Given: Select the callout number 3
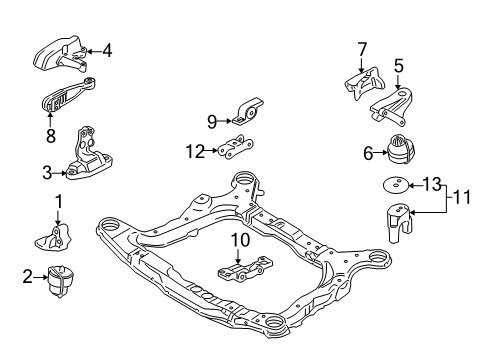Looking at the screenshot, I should coord(46,173).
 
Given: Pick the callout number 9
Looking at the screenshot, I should coord(212,122).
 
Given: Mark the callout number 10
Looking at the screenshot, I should coord(238,267).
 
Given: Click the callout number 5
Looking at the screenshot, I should coord(398,67).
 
